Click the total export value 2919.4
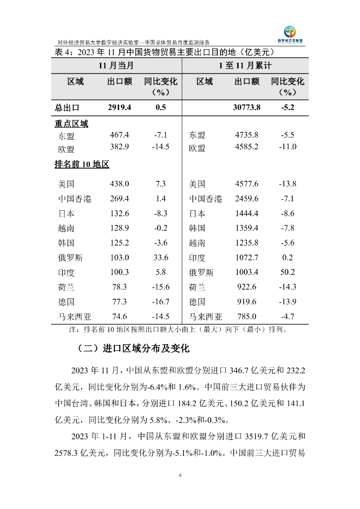119,107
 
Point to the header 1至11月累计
246,66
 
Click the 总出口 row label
67,107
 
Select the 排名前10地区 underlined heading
82,165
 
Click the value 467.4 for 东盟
119,135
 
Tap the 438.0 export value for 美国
119,184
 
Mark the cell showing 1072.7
247,257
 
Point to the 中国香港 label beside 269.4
75,199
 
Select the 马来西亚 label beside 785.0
205,317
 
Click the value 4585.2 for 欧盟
247,147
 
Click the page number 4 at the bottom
180,476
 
